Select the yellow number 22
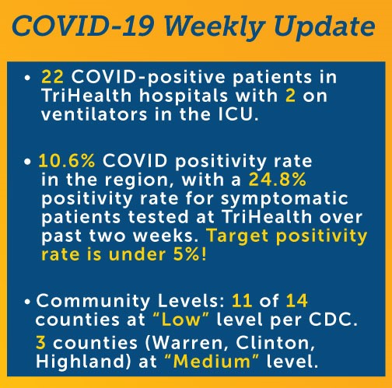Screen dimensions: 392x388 [x=52, y=77]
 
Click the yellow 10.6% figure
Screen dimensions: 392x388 [x=67, y=161]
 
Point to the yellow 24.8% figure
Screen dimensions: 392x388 [x=278, y=180]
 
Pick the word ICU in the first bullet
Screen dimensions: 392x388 [x=235, y=114]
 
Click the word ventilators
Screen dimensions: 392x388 [x=94, y=114]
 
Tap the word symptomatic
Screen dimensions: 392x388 [x=285, y=200]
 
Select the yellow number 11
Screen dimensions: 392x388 [x=242, y=301]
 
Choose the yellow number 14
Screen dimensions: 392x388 [x=297, y=301]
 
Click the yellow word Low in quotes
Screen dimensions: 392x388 [x=181, y=320]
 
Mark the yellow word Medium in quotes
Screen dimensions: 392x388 [x=212, y=362]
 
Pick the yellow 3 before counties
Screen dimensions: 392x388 [x=41, y=343]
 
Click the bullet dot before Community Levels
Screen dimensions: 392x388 [x=27, y=302]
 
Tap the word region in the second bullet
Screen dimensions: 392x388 [x=137, y=180]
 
